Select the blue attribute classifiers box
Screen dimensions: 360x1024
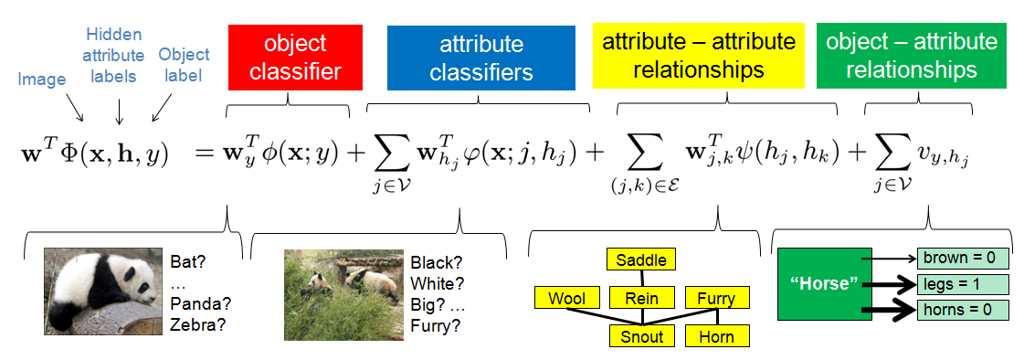pyautogui.click(x=481, y=58)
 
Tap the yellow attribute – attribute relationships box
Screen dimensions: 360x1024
pyautogui.click(x=699, y=56)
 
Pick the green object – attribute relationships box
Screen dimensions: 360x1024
pyautogui.click(x=912, y=56)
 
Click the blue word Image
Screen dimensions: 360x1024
pyautogui.click(x=42, y=80)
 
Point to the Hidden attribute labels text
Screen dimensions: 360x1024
pyautogui.click(x=114, y=55)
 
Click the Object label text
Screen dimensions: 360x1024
pyautogui.click(x=184, y=64)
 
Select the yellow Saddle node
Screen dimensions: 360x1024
pyautogui.click(x=641, y=259)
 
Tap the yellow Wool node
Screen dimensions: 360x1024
pyautogui.click(x=566, y=298)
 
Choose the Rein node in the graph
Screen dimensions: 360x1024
pyautogui.click(x=641, y=298)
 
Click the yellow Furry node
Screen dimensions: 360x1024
pyautogui.click(x=716, y=298)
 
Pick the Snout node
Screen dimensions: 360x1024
pyautogui.click(x=641, y=336)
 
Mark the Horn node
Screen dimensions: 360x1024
pyautogui.click(x=716, y=336)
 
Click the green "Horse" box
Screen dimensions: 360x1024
pyautogui.click(x=823, y=284)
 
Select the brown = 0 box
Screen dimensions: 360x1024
pyautogui.click(x=964, y=259)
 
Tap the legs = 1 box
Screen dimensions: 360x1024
pyautogui.click(x=964, y=284)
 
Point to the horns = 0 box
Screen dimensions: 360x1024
pyautogui.click(x=964, y=310)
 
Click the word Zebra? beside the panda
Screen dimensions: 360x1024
pyautogui.click(x=197, y=324)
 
